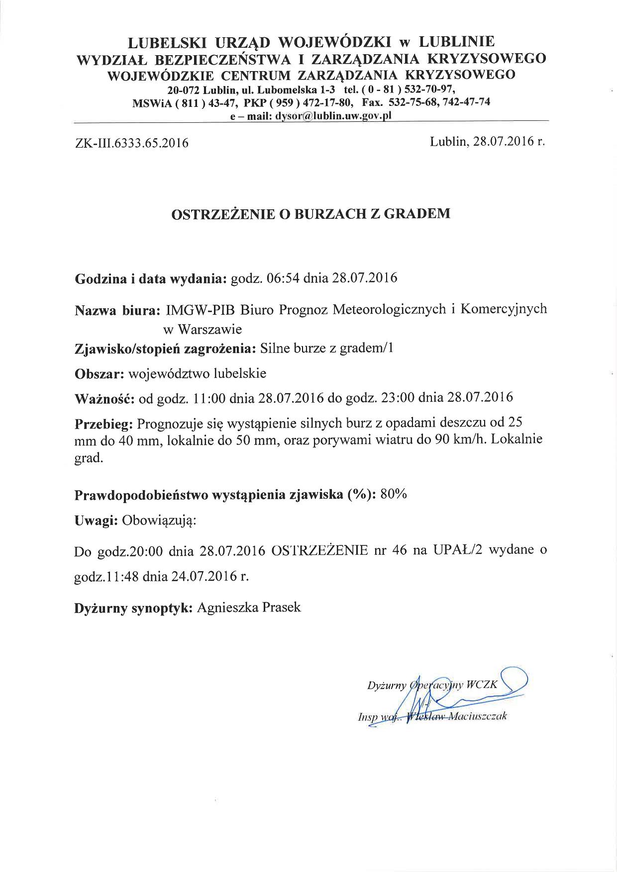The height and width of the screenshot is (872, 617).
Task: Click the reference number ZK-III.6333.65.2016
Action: [x=131, y=144]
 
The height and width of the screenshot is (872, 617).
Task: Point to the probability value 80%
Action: [x=393, y=495]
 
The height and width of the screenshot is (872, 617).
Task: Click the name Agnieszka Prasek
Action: [x=249, y=607]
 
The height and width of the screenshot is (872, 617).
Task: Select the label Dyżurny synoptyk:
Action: [x=133, y=608]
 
